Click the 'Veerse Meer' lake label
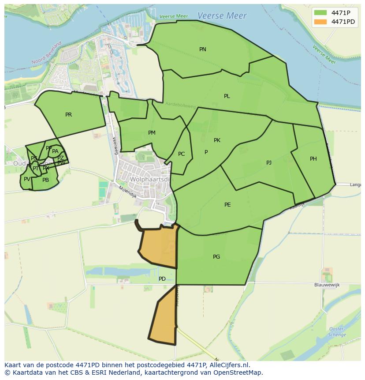[222, 15]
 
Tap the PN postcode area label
[203, 49]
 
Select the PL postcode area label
[227, 96]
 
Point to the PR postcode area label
[68, 115]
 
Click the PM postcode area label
[152, 133]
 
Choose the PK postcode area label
[217, 140]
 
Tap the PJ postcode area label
[269, 163]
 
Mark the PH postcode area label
[313, 159]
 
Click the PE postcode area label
[227, 205]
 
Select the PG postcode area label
[216, 257]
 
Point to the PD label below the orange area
[162, 279]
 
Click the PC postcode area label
[181, 154]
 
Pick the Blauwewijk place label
[327, 285]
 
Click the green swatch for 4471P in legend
[320, 13]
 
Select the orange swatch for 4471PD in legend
[320, 22]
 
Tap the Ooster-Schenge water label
[337, 332]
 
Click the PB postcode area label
[45, 180]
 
